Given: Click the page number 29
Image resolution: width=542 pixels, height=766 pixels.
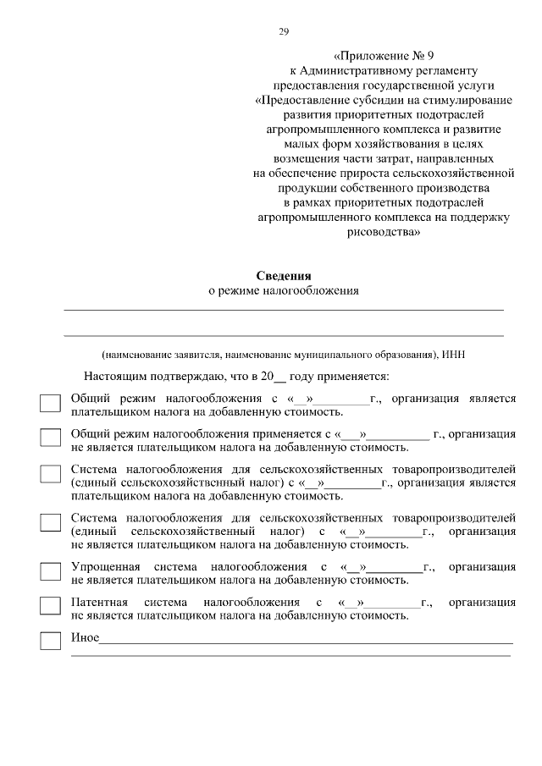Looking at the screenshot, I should (x=284, y=32).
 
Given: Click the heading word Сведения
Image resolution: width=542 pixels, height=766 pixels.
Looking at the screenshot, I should (x=284, y=276).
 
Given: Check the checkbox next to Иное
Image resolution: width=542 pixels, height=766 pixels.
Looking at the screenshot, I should (x=51, y=642).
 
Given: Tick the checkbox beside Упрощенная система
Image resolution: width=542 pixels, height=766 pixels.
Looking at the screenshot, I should (x=51, y=570).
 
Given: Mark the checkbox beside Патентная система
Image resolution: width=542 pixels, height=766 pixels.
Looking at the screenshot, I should (x=51, y=606).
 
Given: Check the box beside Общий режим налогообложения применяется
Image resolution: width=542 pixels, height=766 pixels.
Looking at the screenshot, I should (x=51, y=438).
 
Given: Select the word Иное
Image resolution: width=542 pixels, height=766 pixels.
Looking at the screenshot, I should (x=85, y=637).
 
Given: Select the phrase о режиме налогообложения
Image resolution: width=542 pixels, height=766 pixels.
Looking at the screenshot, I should (x=284, y=290).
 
